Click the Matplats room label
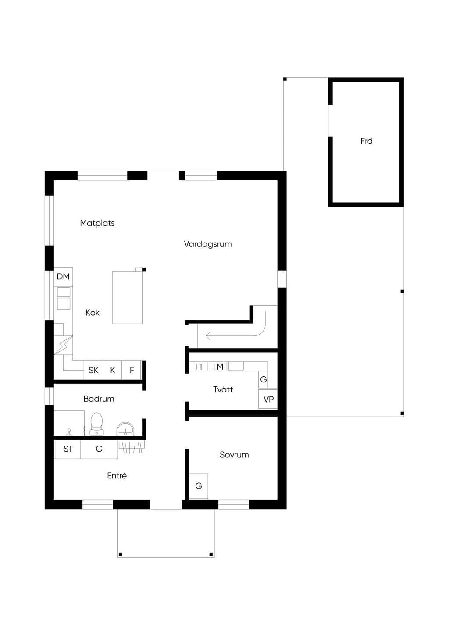pyautogui.click(x=97, y=223)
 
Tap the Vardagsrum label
pyautogui.click(x=208, y=244)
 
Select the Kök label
pyautogui.click(x=93, y=312)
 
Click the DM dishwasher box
pyautogui.click(x=63, y=277)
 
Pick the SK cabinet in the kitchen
pyautogui.click(x=93, y=370)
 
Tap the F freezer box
pyautogui.click(x=132, y=370)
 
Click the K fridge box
pyautogui.click(x=113, y=370)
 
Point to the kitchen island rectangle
pyautogui.click(x=127, y=297)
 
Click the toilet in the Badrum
pyautogui.click(x=96, y=424)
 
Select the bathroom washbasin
pyautogui.click(x=125, y=429)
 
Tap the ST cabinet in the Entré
pyautogui.click(x=68, y=449)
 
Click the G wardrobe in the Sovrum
pyautogui.click(x=199, y=486)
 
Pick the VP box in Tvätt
pyautogui.click(x=268, y=399)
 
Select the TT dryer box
pyautogui.click(x=199, y=367)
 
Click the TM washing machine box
pyautogui.click(x=217, y=367)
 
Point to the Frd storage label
pyautogui.click(x=366, y=141)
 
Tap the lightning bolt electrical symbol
pyautogui.click(x=64, y=345)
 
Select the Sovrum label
pyautogui.click(x=234, y=455)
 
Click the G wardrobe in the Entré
pyautogui.click(x=99, y=449)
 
